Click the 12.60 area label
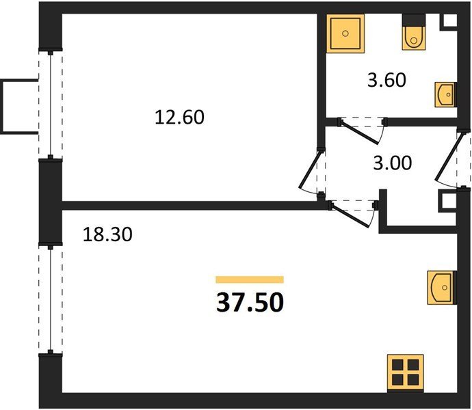(179, 118)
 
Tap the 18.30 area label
(107, 234)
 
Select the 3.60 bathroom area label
(386, 80)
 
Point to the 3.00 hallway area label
(392, 163)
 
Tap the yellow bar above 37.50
(250, 279)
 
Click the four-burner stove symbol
(406, 373)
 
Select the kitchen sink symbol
(442, 288)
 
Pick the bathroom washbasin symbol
(445, 95)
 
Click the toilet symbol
(414, 32)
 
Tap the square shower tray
(345, 33)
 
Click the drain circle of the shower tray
(345, 33)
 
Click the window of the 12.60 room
(51, 104)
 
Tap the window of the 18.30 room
(51, 299)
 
